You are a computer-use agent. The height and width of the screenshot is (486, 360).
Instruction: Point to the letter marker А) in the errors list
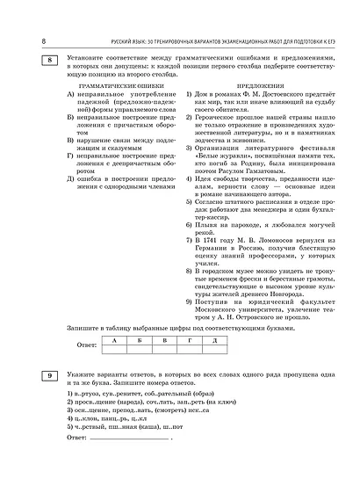tap(70, 98)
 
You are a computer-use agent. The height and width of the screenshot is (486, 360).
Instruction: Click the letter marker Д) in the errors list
tap(70, 178)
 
